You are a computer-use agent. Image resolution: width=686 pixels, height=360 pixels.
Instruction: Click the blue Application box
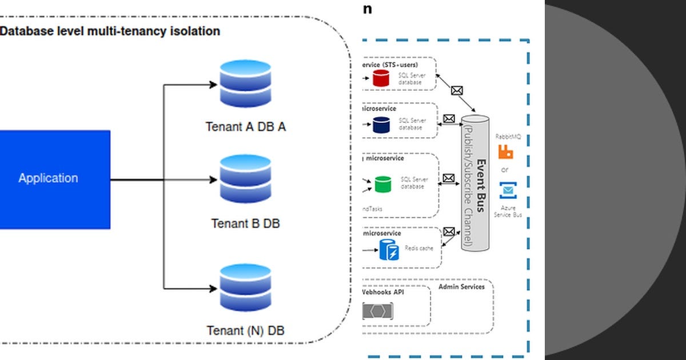55,179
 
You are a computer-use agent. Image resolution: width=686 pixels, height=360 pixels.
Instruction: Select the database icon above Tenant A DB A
245,85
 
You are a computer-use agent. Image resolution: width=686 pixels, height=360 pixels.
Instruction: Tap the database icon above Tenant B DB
245,179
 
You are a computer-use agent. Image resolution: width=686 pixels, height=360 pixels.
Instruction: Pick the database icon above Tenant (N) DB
245,287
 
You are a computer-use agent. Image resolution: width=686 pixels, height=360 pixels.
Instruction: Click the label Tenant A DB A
245,127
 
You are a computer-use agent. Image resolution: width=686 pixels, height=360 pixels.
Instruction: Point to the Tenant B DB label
245,223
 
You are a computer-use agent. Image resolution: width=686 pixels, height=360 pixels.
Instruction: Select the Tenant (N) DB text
245,330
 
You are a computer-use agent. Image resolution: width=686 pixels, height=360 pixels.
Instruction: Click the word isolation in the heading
192,31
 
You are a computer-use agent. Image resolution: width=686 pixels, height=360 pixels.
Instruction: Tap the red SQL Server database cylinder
381,78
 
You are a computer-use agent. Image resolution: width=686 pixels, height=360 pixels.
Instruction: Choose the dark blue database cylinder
381,125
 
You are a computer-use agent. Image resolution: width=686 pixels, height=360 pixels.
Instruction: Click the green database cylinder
382,184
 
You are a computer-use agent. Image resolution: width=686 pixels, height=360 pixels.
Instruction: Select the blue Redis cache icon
389,250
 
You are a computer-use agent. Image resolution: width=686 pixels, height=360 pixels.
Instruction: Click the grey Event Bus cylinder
476,183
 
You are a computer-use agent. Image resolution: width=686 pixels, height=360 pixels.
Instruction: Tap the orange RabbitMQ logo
505,152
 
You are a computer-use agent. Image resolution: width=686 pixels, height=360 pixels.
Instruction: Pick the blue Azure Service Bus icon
508,190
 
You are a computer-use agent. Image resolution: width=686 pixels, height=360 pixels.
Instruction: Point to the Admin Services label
461,286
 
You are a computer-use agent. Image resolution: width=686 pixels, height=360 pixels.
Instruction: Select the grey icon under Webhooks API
378,311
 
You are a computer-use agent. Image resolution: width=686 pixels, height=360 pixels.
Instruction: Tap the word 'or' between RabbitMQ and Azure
505,170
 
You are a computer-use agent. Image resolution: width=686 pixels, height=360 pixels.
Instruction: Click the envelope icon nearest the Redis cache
449,232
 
